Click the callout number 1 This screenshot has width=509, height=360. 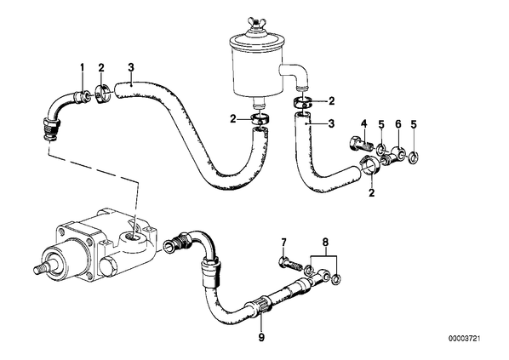(x=82, y=67)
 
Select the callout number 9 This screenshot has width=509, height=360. (x=261, y=338)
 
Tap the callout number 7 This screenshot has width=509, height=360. (x=283, y=243)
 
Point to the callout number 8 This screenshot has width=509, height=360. (x=325, y=243)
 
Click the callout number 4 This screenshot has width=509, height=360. (x=364, y=123)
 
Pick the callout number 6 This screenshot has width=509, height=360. (x=398, y=123)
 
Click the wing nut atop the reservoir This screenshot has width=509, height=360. (x=255, y=23)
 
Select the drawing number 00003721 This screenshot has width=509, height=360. (x=465, y=339)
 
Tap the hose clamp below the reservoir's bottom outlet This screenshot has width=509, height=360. (x=260, y=118)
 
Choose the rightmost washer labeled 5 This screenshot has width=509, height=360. (x=414, y=157)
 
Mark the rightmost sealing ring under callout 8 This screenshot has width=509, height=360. (x=337, y=277)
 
